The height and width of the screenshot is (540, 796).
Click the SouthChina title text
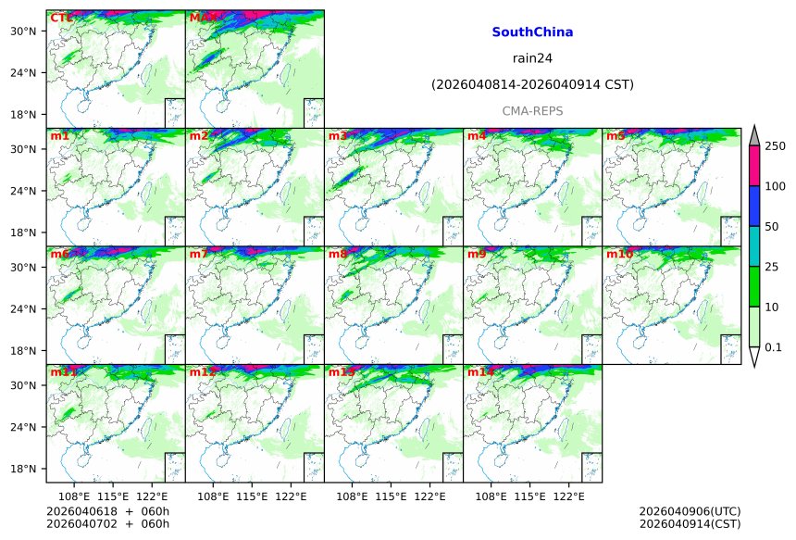[x=532, y=32]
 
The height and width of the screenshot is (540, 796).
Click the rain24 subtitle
[x=532, y=58]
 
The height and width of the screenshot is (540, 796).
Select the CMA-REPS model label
[x=532, y=111]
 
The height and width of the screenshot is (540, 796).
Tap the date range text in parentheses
[x=532, y=85]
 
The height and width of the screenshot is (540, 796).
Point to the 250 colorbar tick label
[x=775, y=146]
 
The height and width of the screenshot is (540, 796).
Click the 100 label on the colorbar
[x=775, y=187]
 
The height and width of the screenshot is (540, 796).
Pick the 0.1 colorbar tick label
[x=775, y=347]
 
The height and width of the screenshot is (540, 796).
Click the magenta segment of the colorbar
[x=754, y=166]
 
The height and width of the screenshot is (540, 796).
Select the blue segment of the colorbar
[x=754, y=206]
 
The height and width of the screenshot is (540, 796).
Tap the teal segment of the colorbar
[x=754, y=245]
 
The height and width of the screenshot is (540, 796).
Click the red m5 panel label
[x=616, y=136]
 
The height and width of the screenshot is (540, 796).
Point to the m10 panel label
[x=619, y=254]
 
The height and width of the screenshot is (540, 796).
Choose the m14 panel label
[x=480, y=372]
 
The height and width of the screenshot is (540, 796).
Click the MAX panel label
[x=204, y=18]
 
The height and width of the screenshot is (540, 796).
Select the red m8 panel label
[x=338, y=254]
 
